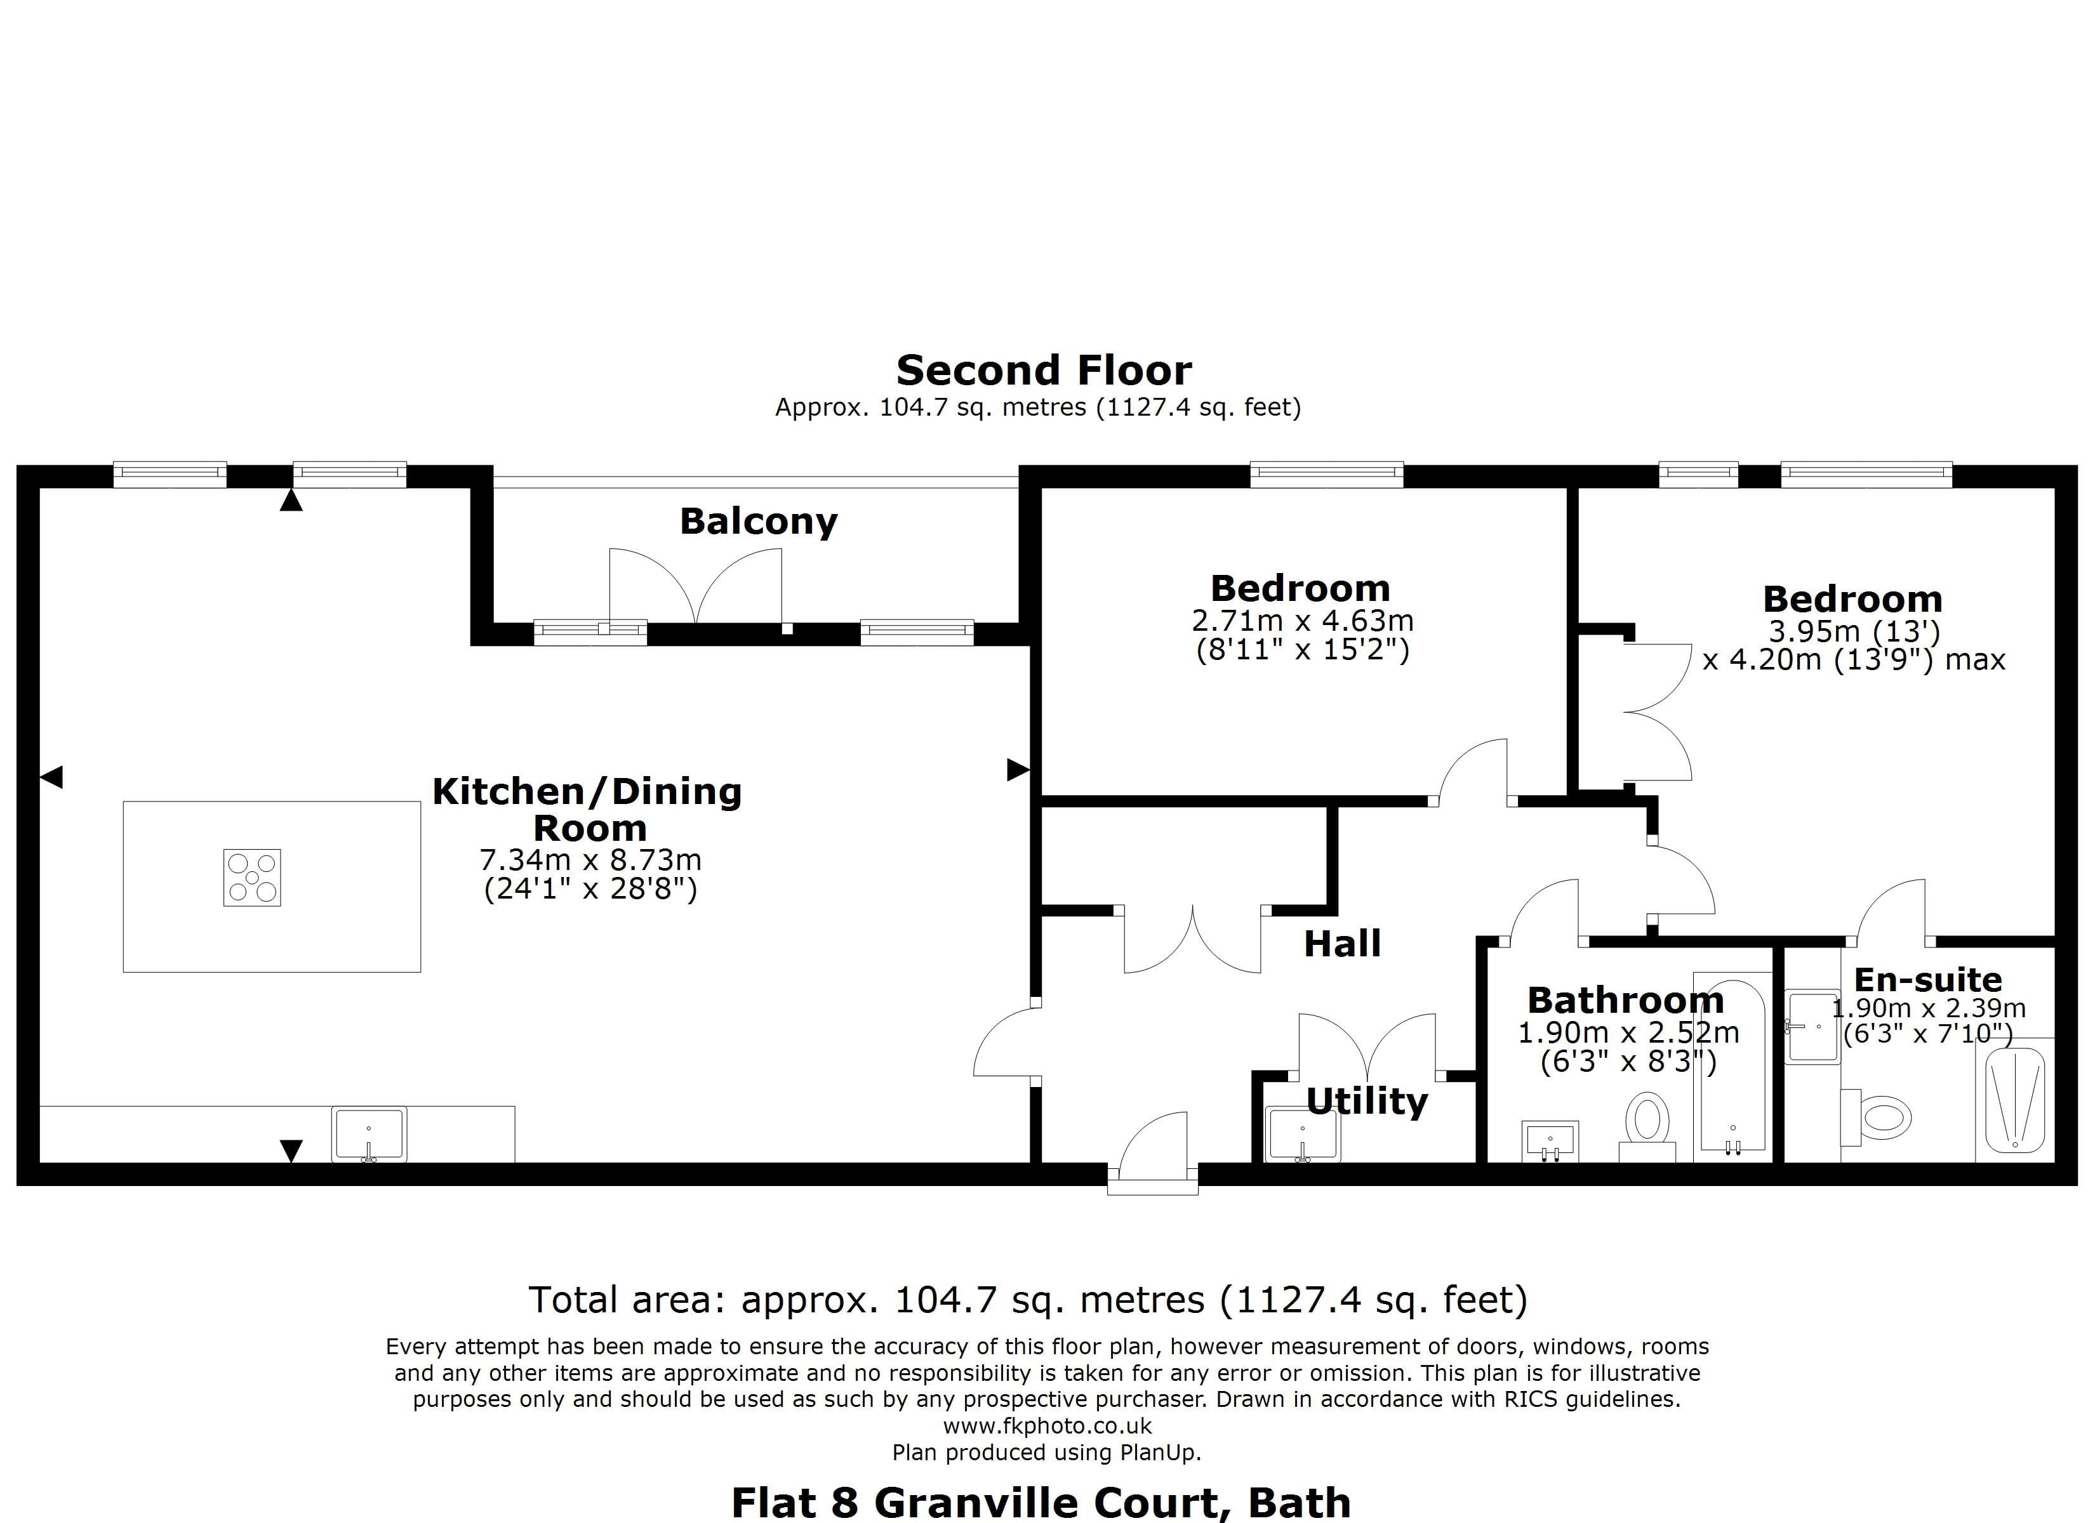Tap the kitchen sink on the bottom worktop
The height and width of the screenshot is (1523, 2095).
click(x=369, y=1134)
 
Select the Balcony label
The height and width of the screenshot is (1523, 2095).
click(x=759, y=522)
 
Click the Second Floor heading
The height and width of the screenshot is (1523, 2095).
click(x=1044, y=371)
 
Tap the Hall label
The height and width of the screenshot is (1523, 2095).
click(x=1342, y=944)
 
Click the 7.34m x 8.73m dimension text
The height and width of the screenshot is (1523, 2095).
click(x=590, y=860)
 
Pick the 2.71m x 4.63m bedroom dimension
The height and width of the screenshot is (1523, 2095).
click(x=1303, y=621)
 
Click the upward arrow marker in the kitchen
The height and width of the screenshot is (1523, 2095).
click(x=291, y=501)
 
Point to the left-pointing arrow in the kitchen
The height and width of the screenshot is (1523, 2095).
click(x=51, y=777)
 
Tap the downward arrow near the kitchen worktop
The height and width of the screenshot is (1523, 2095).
click(x=291, y=1150)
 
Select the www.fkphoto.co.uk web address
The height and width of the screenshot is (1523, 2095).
click(x=1047, y=1426)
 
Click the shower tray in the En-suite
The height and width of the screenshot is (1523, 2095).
click(x=2014, y=1103)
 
